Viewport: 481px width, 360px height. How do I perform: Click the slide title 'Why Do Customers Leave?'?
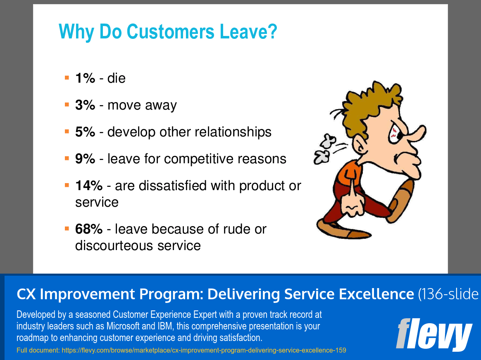tap(167, 32)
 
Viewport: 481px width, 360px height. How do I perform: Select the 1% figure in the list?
tap(85, 78)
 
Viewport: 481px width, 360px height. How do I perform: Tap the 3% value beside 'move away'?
tap(85, 105)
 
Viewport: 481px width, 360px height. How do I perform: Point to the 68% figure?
tap(88, 229)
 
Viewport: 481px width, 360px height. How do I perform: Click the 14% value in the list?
tap(88, 186)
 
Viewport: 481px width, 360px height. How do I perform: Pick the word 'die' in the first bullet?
tap(117, 78)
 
